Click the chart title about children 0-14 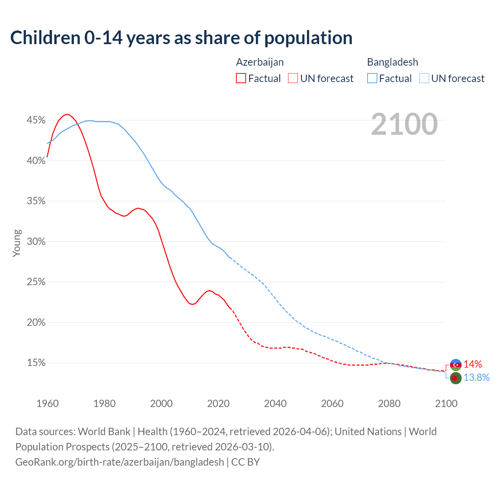(181, 38)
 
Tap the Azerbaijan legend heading (260, 62)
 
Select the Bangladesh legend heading (392, 62)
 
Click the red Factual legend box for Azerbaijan (241, 78)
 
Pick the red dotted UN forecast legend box (293, 78)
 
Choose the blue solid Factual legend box (372, 78)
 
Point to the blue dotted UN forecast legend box (424, 78)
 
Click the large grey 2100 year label (404, 124)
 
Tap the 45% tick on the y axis (36, 120)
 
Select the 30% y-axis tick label (36, 242)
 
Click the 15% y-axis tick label (36, 363)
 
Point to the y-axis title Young (17, 243)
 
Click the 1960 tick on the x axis (47, 404)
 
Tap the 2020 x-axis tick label (218, 404)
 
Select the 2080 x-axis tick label (389, 404)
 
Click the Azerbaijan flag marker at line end (455, 364)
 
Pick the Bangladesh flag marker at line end (455, 378)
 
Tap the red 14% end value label (473, 364)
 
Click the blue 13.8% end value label (476, 378)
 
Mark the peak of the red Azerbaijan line (67, 114)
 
